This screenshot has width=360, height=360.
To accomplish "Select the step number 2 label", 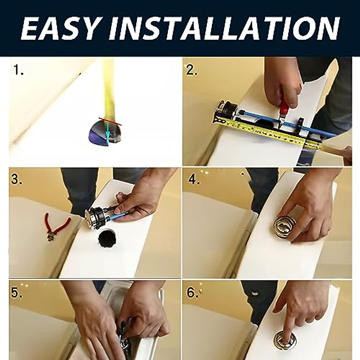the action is click(x=191, y=70).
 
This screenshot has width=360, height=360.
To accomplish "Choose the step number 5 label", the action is click(x=16, y=293).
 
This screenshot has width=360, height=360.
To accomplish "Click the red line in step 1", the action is click(x=110, y=121).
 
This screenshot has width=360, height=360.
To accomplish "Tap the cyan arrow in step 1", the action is click(x=108, y=134).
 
